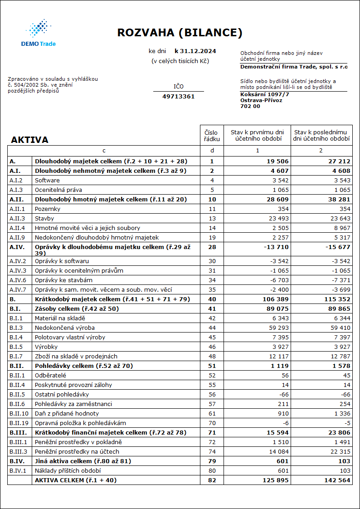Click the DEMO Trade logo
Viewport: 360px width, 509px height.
tap(39, 33)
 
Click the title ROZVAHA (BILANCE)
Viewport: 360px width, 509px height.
tap(180, 33)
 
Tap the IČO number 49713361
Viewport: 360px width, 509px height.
tap(178, 97)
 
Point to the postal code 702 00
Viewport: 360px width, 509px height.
tap(250, 106)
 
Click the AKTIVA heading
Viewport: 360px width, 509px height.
tap(29, 140)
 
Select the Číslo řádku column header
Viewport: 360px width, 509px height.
tap(212, 136)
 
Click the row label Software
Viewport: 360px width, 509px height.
tap(47, 180)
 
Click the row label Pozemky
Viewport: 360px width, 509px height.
tap(48, 209)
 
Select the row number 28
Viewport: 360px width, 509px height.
tap(212, 247)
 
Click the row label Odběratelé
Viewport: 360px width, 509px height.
tap(51, 375)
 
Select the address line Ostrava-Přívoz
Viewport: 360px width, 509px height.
tap(261, 100)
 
